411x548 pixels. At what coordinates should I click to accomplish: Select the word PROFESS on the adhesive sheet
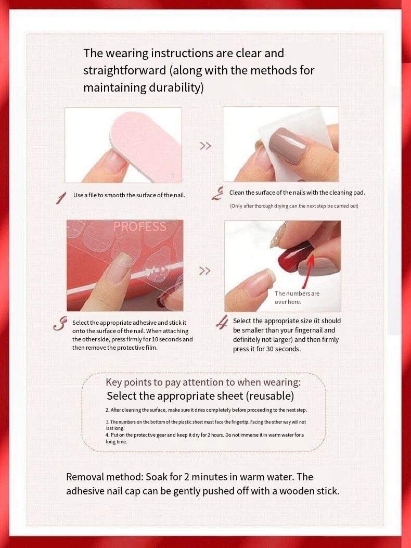(139, 226)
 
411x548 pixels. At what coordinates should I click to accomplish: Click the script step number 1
(61, 198)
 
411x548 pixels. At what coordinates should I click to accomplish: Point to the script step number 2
(217, 194)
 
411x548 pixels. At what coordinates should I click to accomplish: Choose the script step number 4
(222, 322)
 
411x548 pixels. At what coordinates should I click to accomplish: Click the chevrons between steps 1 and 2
(205, 146)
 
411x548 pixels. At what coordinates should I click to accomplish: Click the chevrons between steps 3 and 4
(205, 271)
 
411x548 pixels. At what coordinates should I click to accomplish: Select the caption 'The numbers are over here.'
(297, 297)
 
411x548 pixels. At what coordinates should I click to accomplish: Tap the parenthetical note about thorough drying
(294, 206)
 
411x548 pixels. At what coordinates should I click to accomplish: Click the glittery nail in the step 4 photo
(278, 235)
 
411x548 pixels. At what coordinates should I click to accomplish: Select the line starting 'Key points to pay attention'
(203, 382)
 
